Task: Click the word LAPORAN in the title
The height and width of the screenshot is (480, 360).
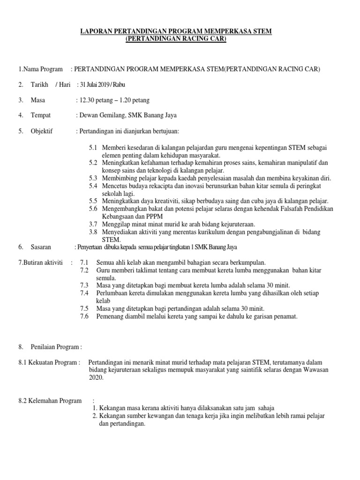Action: (95, 31)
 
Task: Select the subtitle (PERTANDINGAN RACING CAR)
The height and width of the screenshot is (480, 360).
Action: (176, 38)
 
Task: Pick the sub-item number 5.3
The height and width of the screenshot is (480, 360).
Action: (93, 179)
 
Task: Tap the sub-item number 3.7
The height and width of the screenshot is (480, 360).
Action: (93, 224)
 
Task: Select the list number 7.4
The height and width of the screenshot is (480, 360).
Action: (84, 293)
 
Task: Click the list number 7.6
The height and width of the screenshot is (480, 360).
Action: (84, 316)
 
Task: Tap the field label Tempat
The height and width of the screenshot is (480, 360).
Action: (41, 115)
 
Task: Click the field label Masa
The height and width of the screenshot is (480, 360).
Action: (38, 100)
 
